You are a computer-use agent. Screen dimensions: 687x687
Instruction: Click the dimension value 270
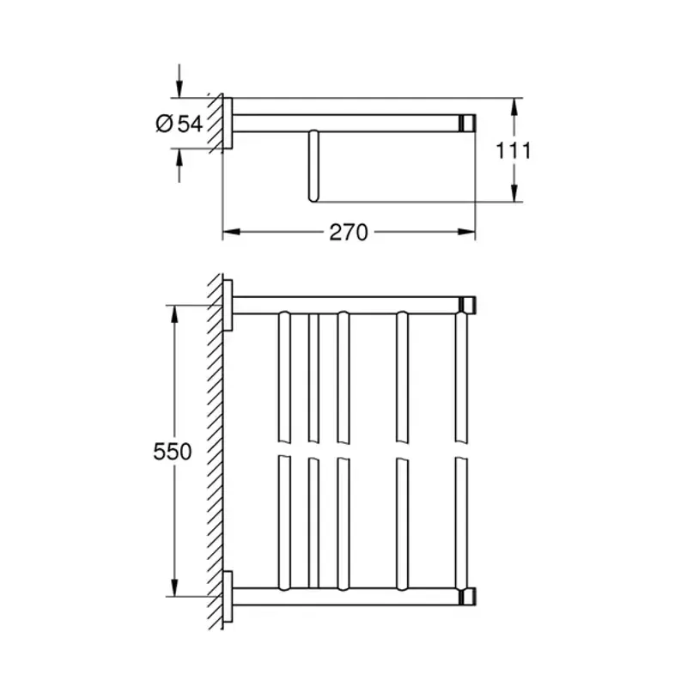349,232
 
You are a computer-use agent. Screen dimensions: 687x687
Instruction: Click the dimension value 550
172,451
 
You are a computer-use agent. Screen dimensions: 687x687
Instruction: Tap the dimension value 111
514,151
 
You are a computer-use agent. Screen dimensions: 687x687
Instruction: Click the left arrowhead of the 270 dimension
229,232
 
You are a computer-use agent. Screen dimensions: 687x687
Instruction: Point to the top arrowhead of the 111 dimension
514,104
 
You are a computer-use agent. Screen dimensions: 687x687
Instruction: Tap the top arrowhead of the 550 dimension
175,312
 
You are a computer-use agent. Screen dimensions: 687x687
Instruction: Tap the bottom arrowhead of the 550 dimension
175,590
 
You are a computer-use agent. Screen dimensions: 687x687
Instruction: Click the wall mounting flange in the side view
228,123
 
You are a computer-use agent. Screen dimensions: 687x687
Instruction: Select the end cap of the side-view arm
468,123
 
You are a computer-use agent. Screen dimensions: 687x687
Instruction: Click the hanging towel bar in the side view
313,164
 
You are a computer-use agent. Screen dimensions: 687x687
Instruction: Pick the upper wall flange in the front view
228,305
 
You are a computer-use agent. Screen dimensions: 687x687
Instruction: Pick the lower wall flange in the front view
228,596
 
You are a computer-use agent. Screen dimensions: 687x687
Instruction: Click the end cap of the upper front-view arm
468,305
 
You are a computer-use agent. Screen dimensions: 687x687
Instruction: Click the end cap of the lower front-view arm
468,596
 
